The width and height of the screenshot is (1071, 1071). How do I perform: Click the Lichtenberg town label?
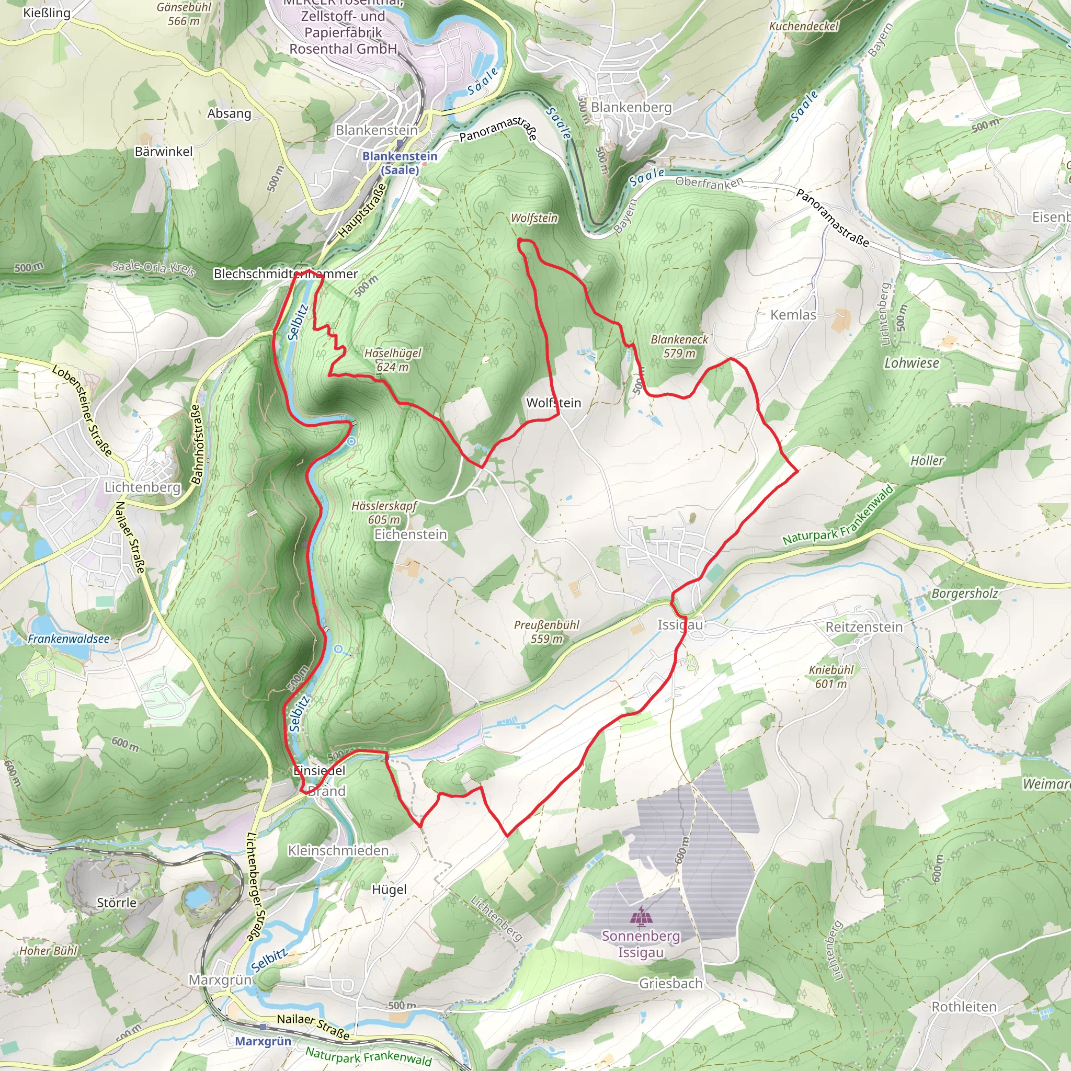coord(142,487)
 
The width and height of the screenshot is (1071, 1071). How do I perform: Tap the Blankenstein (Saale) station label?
coord(400,163)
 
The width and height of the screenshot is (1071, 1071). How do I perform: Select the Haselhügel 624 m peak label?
coord(393,360)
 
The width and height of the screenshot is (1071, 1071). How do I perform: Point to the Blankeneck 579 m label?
coord(679,346)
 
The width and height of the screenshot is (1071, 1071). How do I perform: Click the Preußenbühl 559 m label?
coord(546,631)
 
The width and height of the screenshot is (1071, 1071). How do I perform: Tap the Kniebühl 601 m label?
coord(831,676)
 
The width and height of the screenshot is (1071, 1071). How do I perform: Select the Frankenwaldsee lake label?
coord(69,639)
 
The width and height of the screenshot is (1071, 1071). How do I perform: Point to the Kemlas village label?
coord(793,315)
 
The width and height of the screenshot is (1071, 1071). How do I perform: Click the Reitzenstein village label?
coord(864,627)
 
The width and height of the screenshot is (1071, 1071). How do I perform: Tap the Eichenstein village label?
coord(410,534)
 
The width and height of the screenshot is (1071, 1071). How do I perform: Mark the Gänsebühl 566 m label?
coord(184,14)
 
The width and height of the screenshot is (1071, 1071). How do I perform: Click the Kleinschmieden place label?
coord(338,850)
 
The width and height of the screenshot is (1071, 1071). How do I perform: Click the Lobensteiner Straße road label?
coord(83,410)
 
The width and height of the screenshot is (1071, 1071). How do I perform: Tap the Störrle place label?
coord(117,903)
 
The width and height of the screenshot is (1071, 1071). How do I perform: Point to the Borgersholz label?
coord(964,593)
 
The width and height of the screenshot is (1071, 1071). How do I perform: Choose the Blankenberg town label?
coord(631,107)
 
